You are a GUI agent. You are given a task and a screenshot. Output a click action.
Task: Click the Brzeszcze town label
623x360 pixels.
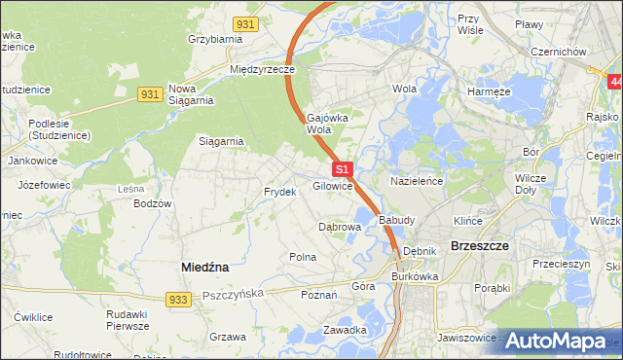click(x=481, y=246)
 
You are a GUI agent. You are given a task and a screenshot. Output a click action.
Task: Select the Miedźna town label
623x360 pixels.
click(x=205, y=266)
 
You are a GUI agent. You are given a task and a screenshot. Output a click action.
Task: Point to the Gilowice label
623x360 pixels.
click(x=332, y=186)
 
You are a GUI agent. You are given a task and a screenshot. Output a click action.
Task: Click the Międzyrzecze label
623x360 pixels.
click(x=262, y=70)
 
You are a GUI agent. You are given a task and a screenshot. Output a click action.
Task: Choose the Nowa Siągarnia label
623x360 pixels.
click(x=191, y=93)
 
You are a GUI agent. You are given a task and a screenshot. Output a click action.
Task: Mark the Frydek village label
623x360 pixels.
click(x=279, y=192)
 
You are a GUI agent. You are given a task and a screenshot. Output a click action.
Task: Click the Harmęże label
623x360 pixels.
click(x=489, y=91)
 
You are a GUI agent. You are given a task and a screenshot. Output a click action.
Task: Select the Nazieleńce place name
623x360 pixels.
click(x=417, y=181)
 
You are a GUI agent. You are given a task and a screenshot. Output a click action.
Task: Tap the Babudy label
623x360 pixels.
click(x=398, y=220)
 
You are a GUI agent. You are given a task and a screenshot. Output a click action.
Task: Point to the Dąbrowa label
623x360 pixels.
click(x=341, y=227)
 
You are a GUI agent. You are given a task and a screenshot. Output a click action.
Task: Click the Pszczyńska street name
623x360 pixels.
click(x=237, y=291)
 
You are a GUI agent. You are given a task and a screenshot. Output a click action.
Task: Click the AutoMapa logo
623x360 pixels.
click(x=559, y=341)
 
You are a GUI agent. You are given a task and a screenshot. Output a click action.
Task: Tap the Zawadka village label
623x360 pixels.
click(x=345, y=330)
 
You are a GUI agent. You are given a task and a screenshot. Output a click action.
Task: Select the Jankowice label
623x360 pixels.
click(x=30, y=160)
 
